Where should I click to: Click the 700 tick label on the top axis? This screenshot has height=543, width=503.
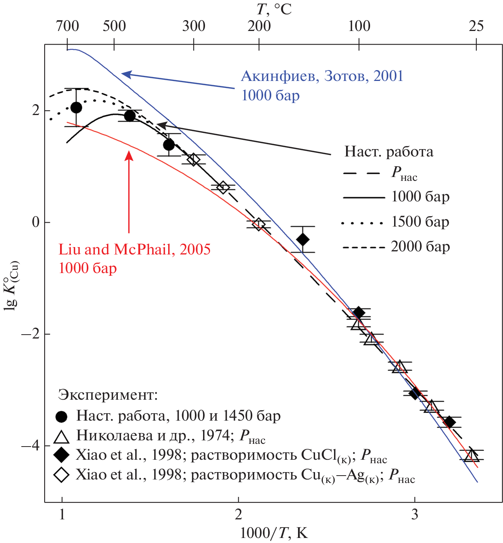tap(67, 26)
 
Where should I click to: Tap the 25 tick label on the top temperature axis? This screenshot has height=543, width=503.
tap(476, 26)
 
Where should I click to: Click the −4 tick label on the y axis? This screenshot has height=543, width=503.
tap(31, 446)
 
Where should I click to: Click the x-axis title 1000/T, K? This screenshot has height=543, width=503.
tap(274, 533)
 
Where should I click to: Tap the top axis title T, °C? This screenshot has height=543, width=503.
tap(274, 9)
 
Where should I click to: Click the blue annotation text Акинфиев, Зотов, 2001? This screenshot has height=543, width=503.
tap(322, 76)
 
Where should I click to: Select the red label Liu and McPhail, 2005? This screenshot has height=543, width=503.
tap(134, 249)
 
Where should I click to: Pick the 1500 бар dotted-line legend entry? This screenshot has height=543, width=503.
tap(395, 222)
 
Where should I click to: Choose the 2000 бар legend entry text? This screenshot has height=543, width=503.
tap(420, 247)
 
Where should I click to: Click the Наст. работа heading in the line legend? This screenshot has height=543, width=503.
tap(389, 151)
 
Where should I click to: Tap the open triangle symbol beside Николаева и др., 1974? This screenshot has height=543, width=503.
tap(62, 436)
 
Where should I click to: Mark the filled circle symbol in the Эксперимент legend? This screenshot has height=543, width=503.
tap(62, 416)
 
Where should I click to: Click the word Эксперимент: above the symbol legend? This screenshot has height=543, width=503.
tap(108, 395)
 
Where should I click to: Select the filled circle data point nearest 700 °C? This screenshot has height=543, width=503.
tap(76, 108)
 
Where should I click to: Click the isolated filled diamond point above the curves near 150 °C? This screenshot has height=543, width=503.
tap(303, 239)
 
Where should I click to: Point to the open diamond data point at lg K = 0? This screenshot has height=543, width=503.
tap(258, 224)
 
